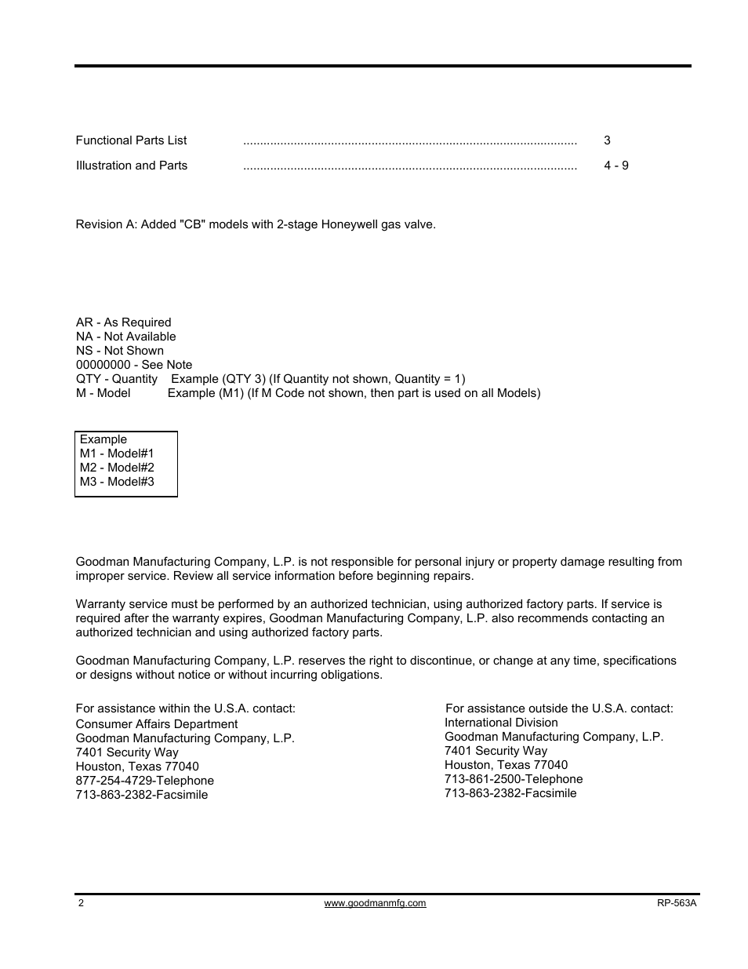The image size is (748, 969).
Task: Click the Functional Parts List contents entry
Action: coord(131,140)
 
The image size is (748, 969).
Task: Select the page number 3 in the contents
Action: coord(607,140)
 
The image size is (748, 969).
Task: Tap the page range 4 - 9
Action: coord(615,166)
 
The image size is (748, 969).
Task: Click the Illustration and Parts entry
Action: coord(131,166)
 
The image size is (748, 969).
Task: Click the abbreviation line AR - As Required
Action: coord(123,322)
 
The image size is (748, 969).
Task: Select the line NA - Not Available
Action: coord(125,337)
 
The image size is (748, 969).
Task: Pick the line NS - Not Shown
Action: coord(119,351)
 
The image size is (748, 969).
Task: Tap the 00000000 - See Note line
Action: coord(133,365)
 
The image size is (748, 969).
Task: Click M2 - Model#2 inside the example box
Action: coord(117,468)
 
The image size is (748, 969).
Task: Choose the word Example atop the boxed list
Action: coord(103,439)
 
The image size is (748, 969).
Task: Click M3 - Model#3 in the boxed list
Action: coord(117,482)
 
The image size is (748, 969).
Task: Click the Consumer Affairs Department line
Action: coord(156,724)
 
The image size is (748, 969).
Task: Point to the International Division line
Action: coord(501,723)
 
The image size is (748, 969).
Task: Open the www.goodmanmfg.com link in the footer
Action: coord(375,903)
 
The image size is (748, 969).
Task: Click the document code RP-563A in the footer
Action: coord(677,903)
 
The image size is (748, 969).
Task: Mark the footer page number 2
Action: coord(81,903)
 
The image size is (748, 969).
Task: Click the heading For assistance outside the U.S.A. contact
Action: coord(559,709)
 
